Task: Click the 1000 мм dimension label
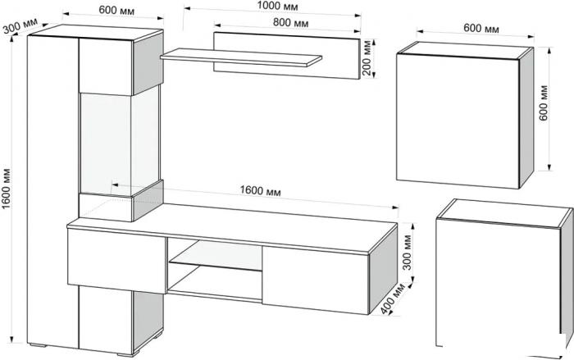click(277, 7)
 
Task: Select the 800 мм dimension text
click(290, 23)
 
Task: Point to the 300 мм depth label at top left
click(20, 25)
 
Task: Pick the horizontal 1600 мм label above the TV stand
click(260, 191)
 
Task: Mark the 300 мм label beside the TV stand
click(407, 253)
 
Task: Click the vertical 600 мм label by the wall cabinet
click(544, 103)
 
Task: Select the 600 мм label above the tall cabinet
click(116, 11)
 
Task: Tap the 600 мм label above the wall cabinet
click(481, 28)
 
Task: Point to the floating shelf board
click(241, 57)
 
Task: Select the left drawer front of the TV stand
click(116, 261)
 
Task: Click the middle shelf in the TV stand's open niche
click(215, 266)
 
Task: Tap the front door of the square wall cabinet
click(458, 121)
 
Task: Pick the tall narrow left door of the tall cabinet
click(52, 190)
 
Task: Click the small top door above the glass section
click(106, 66)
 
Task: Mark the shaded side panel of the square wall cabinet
click(526, 117)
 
